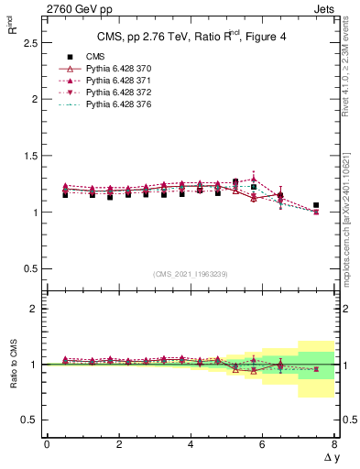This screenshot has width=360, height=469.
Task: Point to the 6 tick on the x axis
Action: [x=262, y=444]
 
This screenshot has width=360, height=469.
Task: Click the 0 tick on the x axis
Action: [x=47, y=444]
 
